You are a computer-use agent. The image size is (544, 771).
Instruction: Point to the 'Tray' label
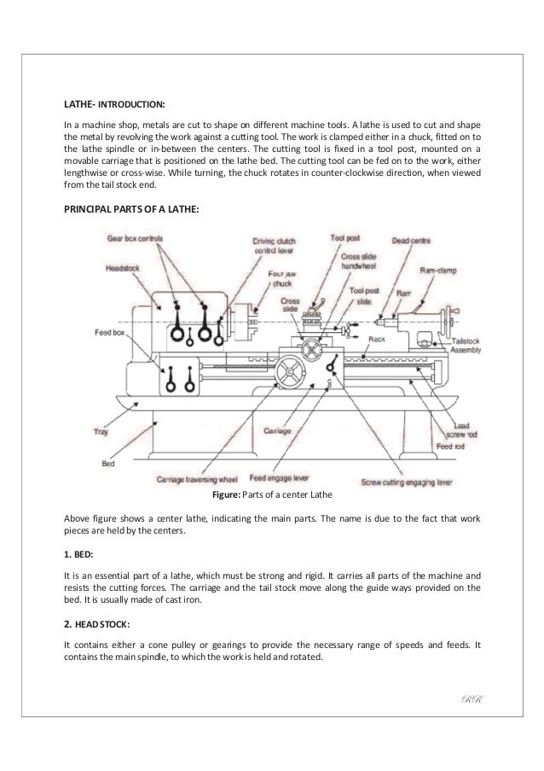pos(101,432)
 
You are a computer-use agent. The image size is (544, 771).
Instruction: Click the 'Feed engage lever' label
pos(281,480)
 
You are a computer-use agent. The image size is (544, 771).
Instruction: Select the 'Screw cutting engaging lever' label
pos(406,481)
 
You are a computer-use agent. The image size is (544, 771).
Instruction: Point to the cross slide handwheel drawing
pos(309,348)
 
